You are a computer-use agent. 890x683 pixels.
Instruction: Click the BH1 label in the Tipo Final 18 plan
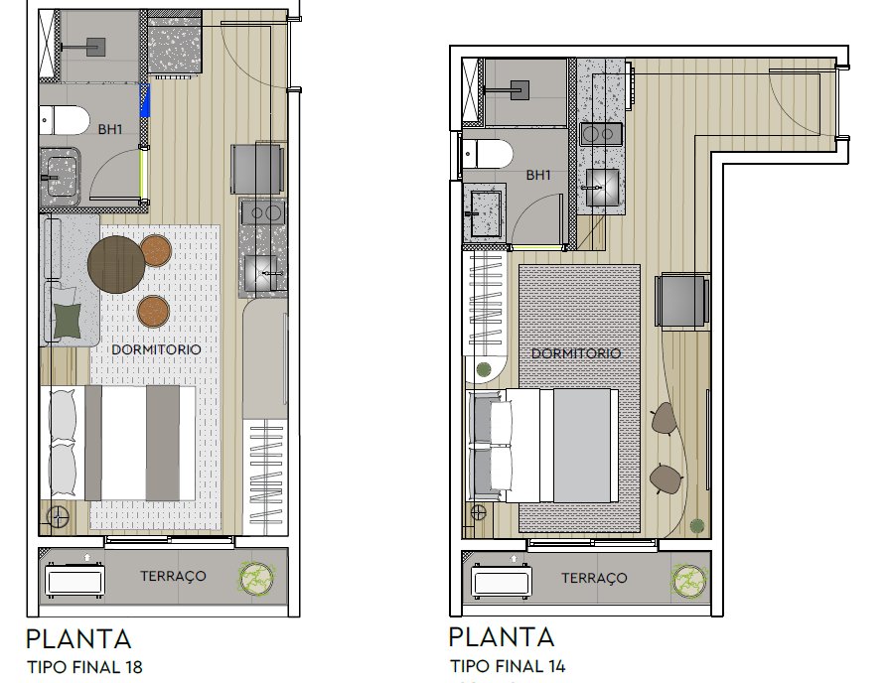[x=110, y=129]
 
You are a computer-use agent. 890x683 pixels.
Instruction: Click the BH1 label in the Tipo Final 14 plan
[x=538, y=175]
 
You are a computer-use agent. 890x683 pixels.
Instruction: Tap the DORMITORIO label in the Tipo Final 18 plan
[x=156, y=349]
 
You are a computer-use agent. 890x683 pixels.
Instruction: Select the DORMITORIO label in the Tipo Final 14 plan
[x=576, y=353]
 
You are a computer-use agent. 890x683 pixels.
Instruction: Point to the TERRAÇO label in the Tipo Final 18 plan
[x=173, y=577]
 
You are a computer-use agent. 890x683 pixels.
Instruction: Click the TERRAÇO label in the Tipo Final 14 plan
[x=594, y=578]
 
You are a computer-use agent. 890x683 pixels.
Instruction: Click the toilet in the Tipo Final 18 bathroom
[x=65, y=120]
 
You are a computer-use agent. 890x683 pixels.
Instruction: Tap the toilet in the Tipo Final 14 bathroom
[x=488, y=154]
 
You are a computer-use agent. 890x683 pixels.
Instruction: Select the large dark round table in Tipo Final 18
[x=116, y=264]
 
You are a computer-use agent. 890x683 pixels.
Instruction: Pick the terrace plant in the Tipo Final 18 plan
[x=256, y=578]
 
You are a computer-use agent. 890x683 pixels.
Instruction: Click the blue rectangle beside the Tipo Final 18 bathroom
[x=145, y=100]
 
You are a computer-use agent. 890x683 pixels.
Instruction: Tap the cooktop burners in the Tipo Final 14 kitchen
[x=601, y=134]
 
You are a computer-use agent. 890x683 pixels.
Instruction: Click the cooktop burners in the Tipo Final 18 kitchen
[x=263, y=212]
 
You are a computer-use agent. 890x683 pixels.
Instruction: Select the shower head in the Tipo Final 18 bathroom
[x=96, y=47]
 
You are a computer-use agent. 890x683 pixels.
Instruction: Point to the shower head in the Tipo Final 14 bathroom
[x=519, y=90]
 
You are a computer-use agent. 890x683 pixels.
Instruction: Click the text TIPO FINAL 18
[x=84, y=667]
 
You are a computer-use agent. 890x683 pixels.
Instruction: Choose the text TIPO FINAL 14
[x=508, y=666]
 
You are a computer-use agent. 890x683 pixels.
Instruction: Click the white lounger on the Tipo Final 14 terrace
[x=502, y=582]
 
